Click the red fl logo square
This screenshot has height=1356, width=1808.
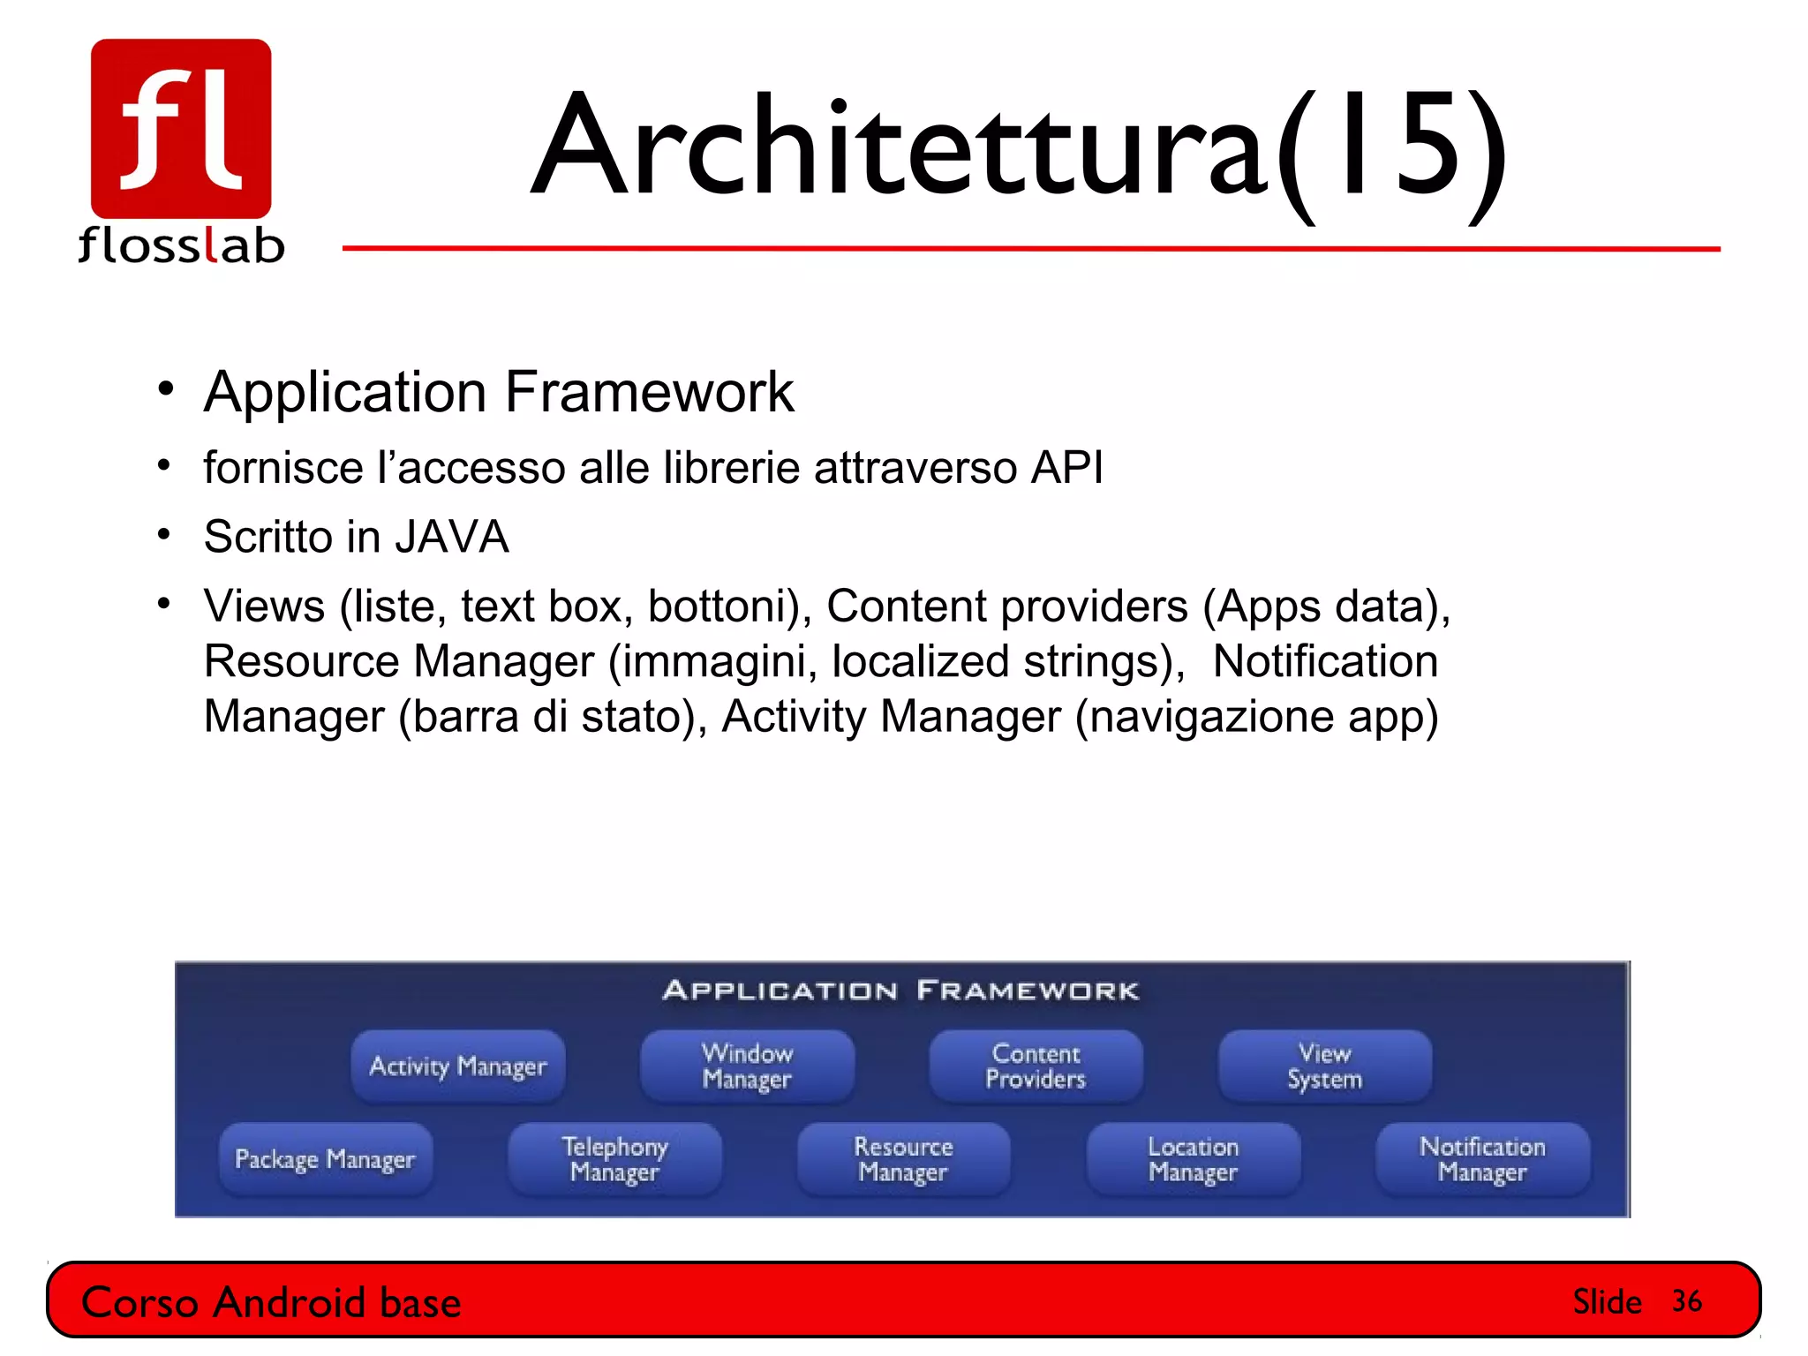click(x=181, y=128)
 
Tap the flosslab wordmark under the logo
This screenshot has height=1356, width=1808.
click(x=181, y=245)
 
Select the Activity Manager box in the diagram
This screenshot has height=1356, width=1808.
click(x=457, y=1066)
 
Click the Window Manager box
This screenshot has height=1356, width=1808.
click(x=747, y=1066)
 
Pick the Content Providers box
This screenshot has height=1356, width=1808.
click(x=1036, y=1066)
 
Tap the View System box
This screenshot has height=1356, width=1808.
click(x=1324, y=1066)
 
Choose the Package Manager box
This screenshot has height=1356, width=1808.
click(x=325, y=1159)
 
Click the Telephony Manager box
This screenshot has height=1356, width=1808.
click(x=614, y=1159)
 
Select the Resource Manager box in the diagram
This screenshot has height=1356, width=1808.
click(x=903, y=1159)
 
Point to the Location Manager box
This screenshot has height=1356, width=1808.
click(x=1193, y=1159)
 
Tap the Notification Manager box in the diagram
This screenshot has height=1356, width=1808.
click(x=1482, y=1159)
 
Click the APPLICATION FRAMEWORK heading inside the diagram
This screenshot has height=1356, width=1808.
click(x=901, y=991)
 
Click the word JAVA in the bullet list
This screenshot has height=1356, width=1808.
click(x=451, y=537)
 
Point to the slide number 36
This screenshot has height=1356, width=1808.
click(x=1686, y=1301)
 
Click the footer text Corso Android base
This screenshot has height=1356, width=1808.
click(x=271, y=1303)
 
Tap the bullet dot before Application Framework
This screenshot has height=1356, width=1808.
click(x=165, y=389)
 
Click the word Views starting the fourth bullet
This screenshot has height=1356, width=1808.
click(x=264, y=606)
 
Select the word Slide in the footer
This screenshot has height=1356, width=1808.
click(x=1607, y=1302)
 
